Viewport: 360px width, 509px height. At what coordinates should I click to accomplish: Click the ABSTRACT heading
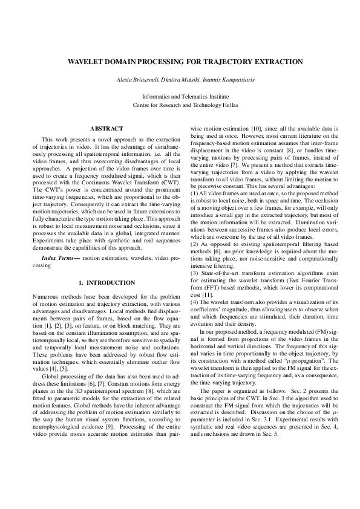coord(106,128)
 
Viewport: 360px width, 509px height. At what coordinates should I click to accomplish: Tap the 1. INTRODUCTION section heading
coord(106,283)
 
